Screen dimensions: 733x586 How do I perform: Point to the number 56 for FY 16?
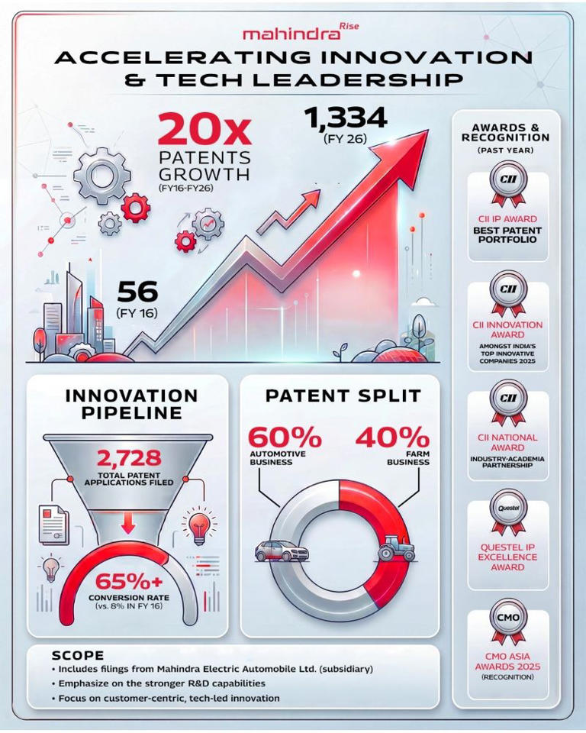coord(137,292)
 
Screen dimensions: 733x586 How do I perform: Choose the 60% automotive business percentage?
coord(283,438)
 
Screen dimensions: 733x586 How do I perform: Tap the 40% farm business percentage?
coord(391,438)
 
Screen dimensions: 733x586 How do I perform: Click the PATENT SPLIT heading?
coord(343,396)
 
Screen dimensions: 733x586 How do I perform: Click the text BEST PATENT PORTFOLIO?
coord(507,234)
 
